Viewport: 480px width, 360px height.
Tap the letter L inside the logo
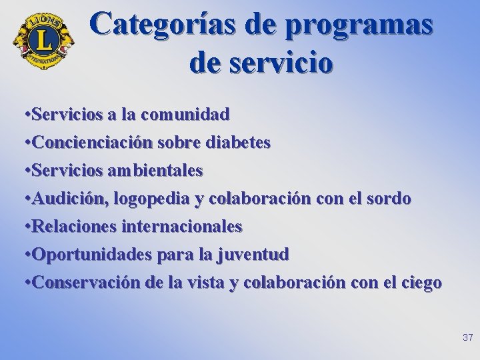coord(43,40)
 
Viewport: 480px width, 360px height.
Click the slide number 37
coord(467,338)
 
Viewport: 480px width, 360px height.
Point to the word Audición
coord(71,199)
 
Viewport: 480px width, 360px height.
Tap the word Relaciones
coord(75,227)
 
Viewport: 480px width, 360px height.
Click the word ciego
coord(420,283)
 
